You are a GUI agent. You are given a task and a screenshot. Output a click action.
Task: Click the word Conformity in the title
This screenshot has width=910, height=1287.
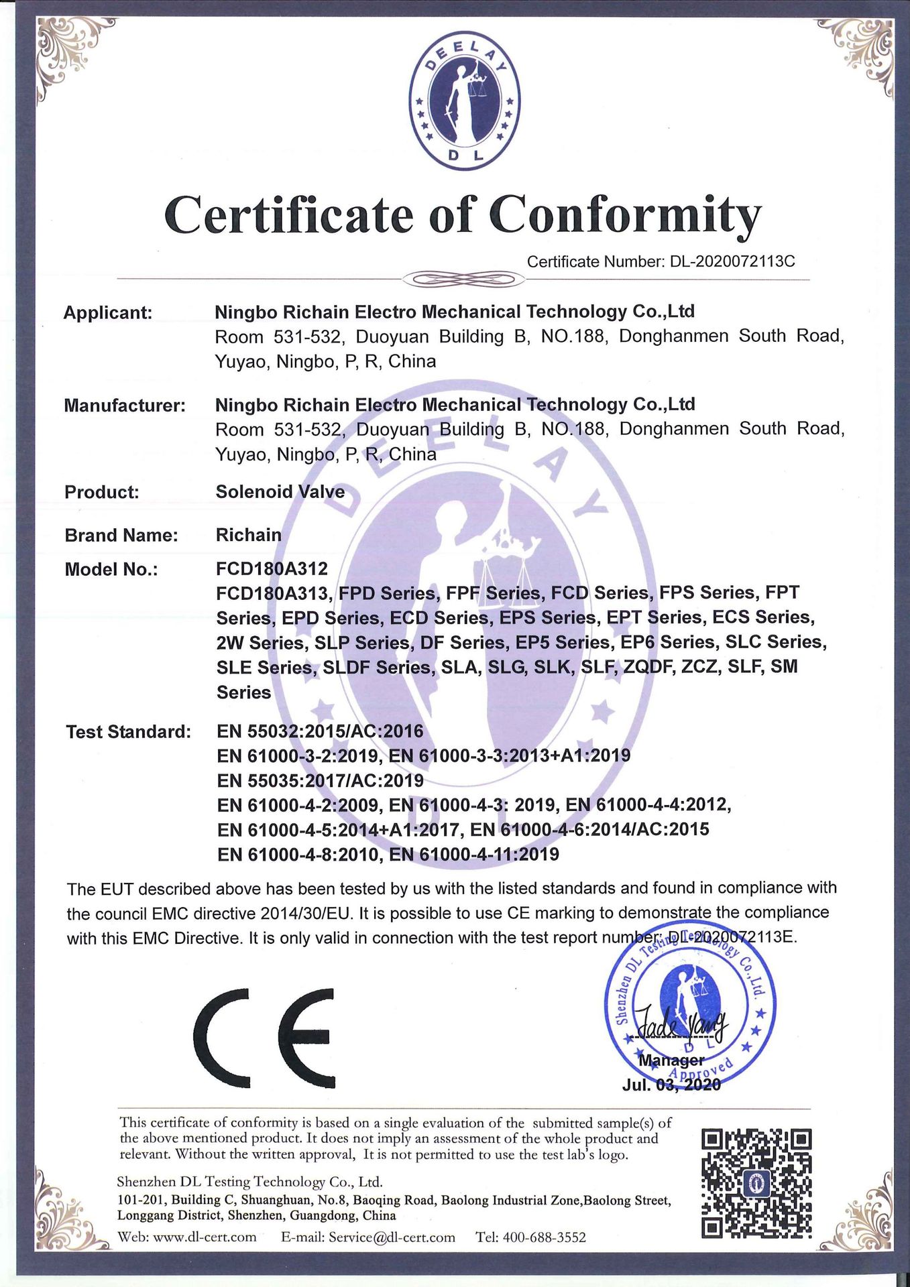tap(625, 216)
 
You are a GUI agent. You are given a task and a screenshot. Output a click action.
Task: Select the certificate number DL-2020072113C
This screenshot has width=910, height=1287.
tap(732, 261)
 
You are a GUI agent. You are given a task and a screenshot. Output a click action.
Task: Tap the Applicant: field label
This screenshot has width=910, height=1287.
tap(108, 313)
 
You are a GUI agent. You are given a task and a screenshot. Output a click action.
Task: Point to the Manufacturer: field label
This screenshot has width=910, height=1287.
tap(125, 406)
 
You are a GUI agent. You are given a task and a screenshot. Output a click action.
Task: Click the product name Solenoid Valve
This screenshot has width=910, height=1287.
tap(280, 492)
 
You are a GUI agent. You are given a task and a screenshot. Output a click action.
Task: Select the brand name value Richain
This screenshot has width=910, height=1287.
tap(249, 535)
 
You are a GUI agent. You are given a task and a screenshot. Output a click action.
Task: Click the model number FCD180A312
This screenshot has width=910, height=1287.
tap(272, 569)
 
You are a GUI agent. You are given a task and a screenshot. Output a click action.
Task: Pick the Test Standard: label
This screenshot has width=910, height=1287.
tap(128, 732)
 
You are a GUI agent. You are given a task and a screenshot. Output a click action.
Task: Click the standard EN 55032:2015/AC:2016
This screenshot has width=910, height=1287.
tap(320, 731)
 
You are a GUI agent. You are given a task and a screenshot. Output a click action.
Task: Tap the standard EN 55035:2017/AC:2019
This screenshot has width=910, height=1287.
tap(320, 781)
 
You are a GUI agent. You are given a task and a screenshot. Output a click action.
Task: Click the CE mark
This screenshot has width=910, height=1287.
tap(264, 1038)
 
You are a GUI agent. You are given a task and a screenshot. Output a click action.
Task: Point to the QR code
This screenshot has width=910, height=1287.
tap(756, 1183)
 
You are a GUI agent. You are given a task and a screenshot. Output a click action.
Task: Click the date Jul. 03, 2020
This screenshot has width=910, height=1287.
tap(671, 1085)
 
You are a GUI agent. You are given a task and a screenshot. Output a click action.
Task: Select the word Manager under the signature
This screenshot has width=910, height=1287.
tap(671, 1060)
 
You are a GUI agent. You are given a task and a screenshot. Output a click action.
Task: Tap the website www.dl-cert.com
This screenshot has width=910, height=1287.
tap(205, 1237)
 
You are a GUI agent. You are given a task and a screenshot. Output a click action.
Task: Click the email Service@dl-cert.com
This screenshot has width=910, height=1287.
tap(392, 1237)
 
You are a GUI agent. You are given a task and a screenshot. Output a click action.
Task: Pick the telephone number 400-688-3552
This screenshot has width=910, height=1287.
tap(544, 1237)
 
